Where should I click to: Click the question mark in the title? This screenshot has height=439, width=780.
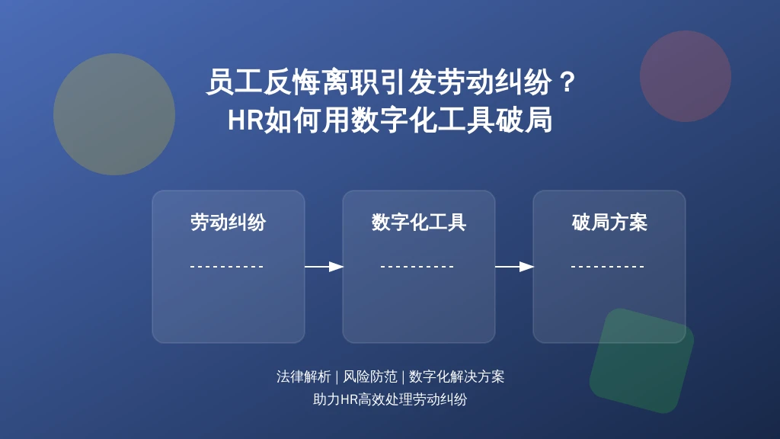[566, 82]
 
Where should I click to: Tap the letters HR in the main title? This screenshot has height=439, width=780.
[245, 120]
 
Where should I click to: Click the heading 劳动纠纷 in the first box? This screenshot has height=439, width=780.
[229, 223]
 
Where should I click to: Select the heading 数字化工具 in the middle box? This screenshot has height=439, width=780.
[419, 223]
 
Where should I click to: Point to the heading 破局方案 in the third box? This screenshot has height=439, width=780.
[609, 223]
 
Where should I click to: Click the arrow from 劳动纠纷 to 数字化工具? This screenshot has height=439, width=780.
[324, 267]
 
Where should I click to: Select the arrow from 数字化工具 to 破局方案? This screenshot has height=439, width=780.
[514, 267]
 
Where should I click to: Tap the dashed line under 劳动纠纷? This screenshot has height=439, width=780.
[227, 267]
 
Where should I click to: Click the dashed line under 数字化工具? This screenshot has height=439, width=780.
[417, 267]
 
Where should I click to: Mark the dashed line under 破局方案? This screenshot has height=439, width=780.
[608, 267]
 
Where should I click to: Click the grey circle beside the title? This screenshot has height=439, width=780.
[114, 114]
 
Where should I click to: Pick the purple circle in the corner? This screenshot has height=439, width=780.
[686, 76]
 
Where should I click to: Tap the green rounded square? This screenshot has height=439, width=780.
[641, 360]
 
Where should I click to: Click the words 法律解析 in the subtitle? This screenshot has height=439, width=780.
[303, 377]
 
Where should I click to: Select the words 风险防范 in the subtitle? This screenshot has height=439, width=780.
[370, 377]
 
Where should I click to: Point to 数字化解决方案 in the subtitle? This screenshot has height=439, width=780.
[457, 377]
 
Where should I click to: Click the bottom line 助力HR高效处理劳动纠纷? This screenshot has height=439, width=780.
[390, 399]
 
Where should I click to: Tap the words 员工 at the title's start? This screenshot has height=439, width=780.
[235, 82]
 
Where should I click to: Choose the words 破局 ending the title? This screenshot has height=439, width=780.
[524, 120]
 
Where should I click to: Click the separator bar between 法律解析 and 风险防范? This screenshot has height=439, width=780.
[337, 377]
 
